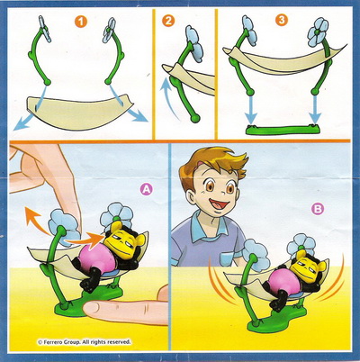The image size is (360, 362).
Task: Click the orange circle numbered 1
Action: [x=81, y=22]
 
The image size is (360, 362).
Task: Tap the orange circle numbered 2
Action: [x=168, y=21]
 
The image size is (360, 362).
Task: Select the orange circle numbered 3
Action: [x=282, y=20]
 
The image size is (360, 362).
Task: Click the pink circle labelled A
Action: [x=147, y=189]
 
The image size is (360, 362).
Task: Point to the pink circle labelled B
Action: [x=317, y=209]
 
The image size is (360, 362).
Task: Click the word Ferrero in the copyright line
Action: [x=52, y=342]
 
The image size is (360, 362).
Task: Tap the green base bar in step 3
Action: [x=283, y=130]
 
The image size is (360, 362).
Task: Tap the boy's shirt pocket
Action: [x=227, y=258]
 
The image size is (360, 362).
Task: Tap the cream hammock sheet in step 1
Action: [x=78, y=112]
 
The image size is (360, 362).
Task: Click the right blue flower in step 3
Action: [x=318, y=32]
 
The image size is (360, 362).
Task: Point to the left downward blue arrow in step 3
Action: [x=251, y=107]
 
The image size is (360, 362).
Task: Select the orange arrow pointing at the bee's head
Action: [x=84, y=239]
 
